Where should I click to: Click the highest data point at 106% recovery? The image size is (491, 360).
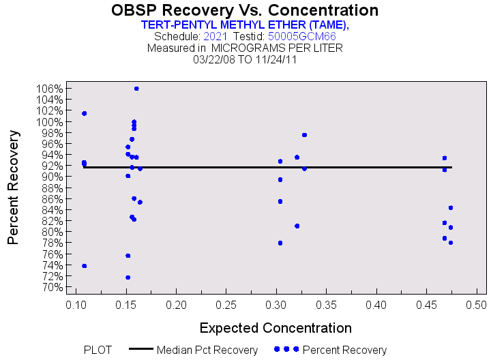[x=136, y=89]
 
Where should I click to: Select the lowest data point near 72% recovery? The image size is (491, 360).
[x=128, y=277]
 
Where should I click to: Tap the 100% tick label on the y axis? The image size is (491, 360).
[x=50, y=122]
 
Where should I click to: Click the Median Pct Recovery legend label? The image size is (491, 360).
[x=207, y=350]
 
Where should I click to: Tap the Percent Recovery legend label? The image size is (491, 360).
[x=344, y=350]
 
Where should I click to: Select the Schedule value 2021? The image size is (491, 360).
[x=215, y=36]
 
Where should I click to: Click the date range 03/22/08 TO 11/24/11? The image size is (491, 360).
[x=245, y=59]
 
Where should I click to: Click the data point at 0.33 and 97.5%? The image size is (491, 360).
[x=304, y=135]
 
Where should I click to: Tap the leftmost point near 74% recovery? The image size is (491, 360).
[x=84, y=266]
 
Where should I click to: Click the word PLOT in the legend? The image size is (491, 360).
[x=98, y=350]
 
